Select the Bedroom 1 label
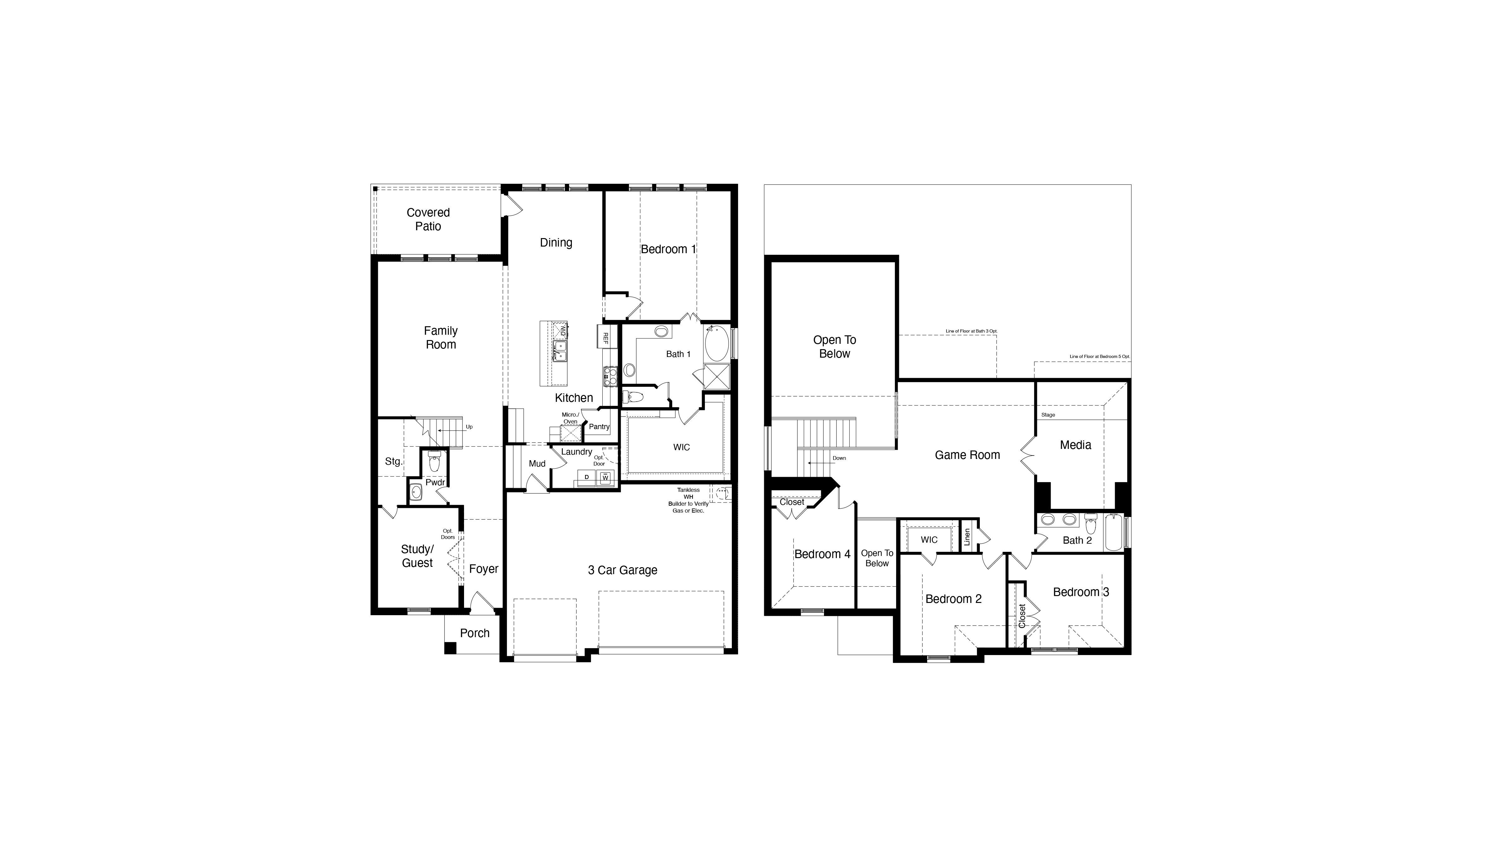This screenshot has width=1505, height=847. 668,249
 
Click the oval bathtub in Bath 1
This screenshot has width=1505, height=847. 716,344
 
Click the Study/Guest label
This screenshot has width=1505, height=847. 417,556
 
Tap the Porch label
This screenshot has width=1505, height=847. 474,633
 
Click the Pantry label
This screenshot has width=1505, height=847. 599,427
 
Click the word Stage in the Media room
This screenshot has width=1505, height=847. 1048,415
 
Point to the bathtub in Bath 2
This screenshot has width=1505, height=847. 1114,533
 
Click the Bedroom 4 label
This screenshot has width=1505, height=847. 822,554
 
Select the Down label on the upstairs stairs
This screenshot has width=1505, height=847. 839,458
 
